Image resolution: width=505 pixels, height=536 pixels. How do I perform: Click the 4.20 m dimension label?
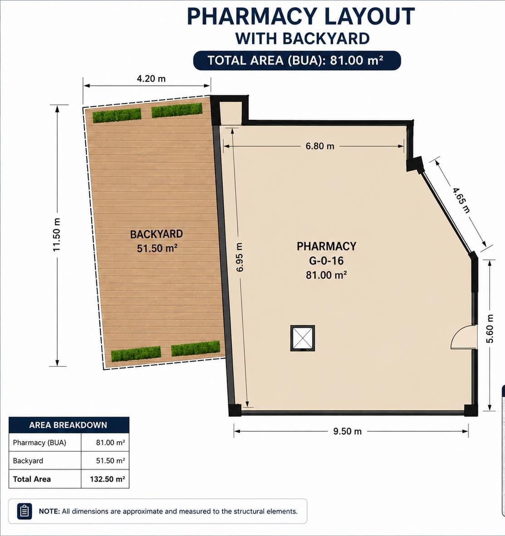click(151, 78)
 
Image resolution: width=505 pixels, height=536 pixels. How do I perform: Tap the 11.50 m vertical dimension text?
click(56, 235)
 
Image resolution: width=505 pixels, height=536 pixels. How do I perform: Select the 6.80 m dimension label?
click(320, 146)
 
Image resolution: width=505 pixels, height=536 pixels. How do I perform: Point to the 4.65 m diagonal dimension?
click(461, 200)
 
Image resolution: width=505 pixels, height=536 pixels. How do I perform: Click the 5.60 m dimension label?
click(490, 329)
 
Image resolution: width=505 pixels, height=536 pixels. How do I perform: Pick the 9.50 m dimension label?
click(347, 431)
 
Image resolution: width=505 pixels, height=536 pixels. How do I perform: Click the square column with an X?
click(303, 338)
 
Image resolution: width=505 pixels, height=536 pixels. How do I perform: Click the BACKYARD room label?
click(157, 234)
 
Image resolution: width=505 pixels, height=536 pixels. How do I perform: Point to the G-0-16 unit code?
click(326, 261)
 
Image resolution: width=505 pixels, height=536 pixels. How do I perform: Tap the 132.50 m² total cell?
click(107, 479)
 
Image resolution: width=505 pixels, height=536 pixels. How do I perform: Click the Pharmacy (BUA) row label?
click(39, 443)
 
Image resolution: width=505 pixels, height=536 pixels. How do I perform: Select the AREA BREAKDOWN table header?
click(69, 425)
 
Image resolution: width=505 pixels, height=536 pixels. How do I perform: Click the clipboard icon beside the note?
click(25, 512)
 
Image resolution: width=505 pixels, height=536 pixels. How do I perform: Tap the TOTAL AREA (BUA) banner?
click(297, 60)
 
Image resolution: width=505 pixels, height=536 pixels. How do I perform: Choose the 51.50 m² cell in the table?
click(110, 461)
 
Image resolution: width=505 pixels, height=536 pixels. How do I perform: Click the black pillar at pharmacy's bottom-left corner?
click(235, 410)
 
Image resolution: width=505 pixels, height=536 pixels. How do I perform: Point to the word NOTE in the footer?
click(49, 512)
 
